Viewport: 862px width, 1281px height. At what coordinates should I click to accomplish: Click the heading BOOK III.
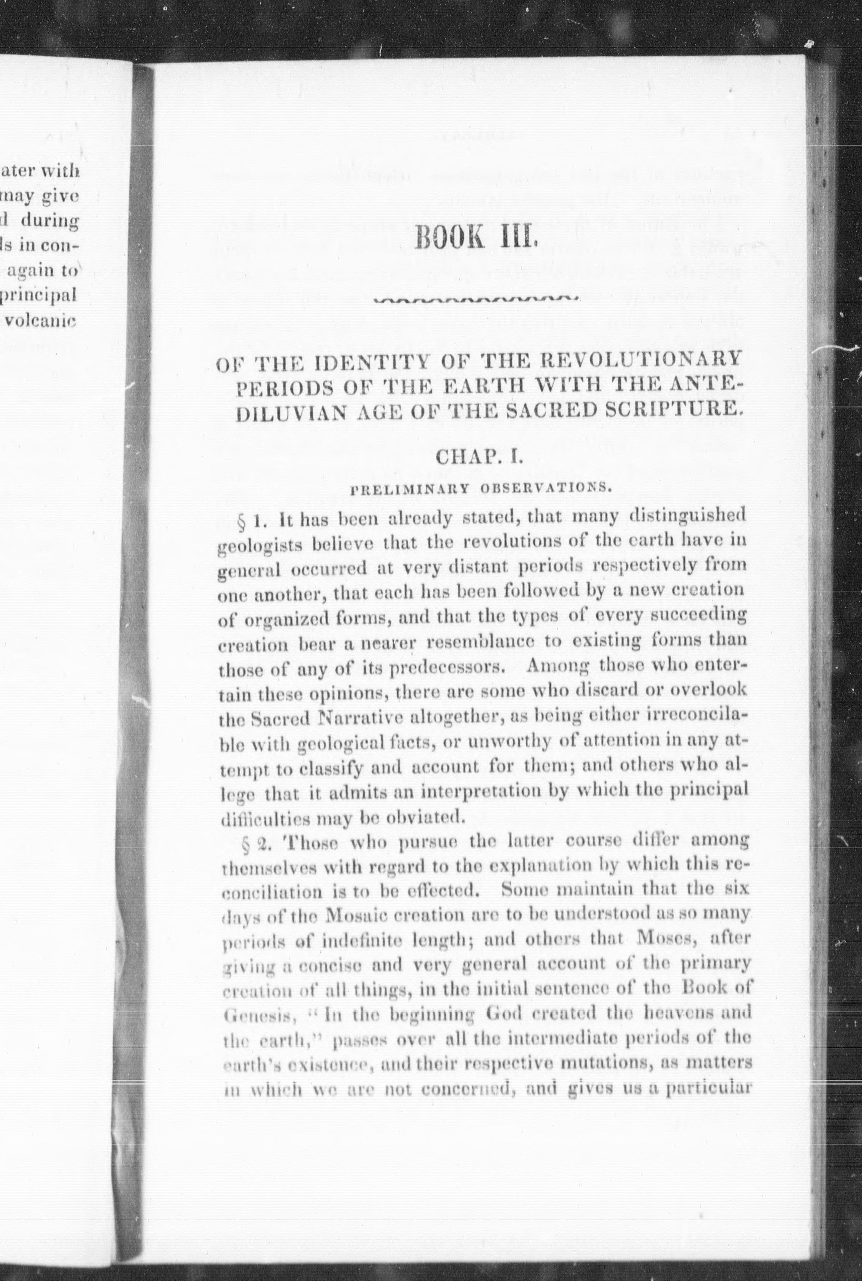[475, 239]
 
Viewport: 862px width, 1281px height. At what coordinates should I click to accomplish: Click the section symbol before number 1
[240, 520]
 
